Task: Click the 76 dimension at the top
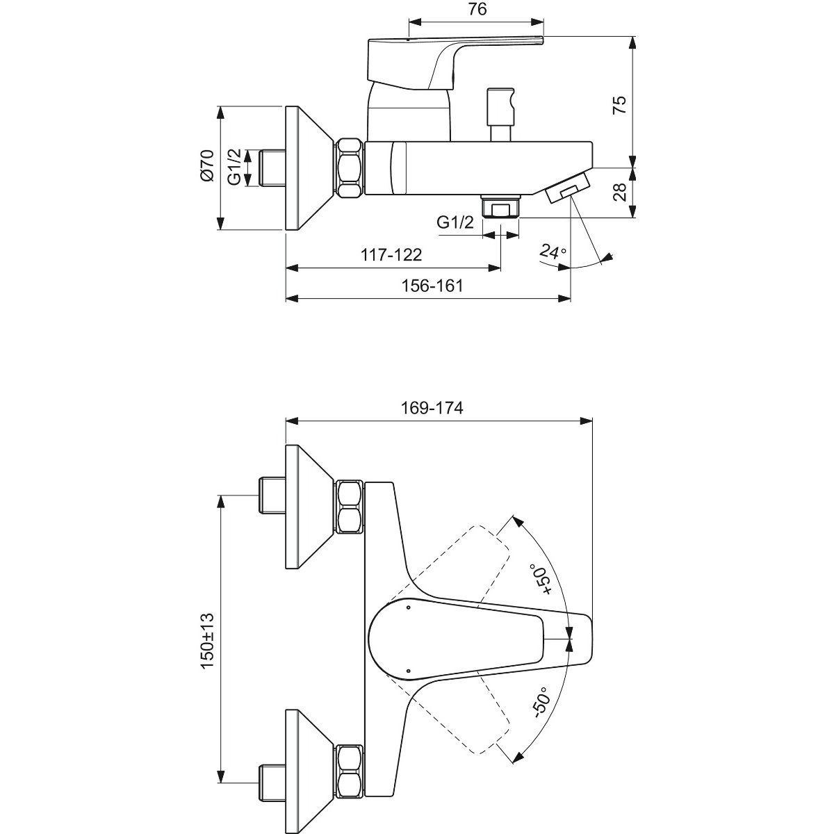click(477, 9)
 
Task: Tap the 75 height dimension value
click(619, 105)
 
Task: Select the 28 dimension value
click(619, 192)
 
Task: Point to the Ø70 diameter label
click(207, 165)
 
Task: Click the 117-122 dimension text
click(391, 255)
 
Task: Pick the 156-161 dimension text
click(432, 286)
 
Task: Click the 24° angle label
click(553, 251)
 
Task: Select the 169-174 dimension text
click(432, 408)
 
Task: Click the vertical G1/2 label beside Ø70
click(234, 167)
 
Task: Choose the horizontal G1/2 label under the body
click(455, 222)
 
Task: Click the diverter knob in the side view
click(501, 115)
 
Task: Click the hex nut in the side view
click(350, 168)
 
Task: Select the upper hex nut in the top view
click(350, 507)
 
